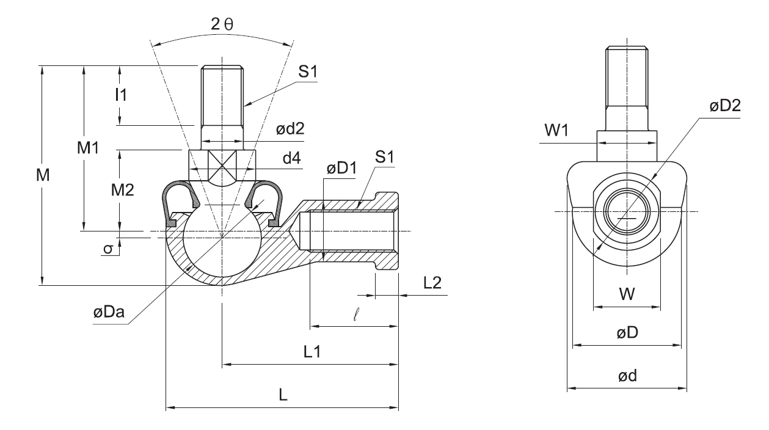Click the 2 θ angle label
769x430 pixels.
(222, 24)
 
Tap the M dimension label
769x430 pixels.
(43, 175)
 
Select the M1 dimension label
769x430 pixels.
(88, 148)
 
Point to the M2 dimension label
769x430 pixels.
(123, 190)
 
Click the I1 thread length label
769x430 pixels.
(121, 95)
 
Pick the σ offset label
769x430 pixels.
(108, 249)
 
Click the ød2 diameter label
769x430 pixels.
(290, 128)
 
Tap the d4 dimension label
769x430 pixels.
(292, 158)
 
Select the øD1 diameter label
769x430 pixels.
(341, 168)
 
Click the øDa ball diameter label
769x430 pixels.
(109, 312)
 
